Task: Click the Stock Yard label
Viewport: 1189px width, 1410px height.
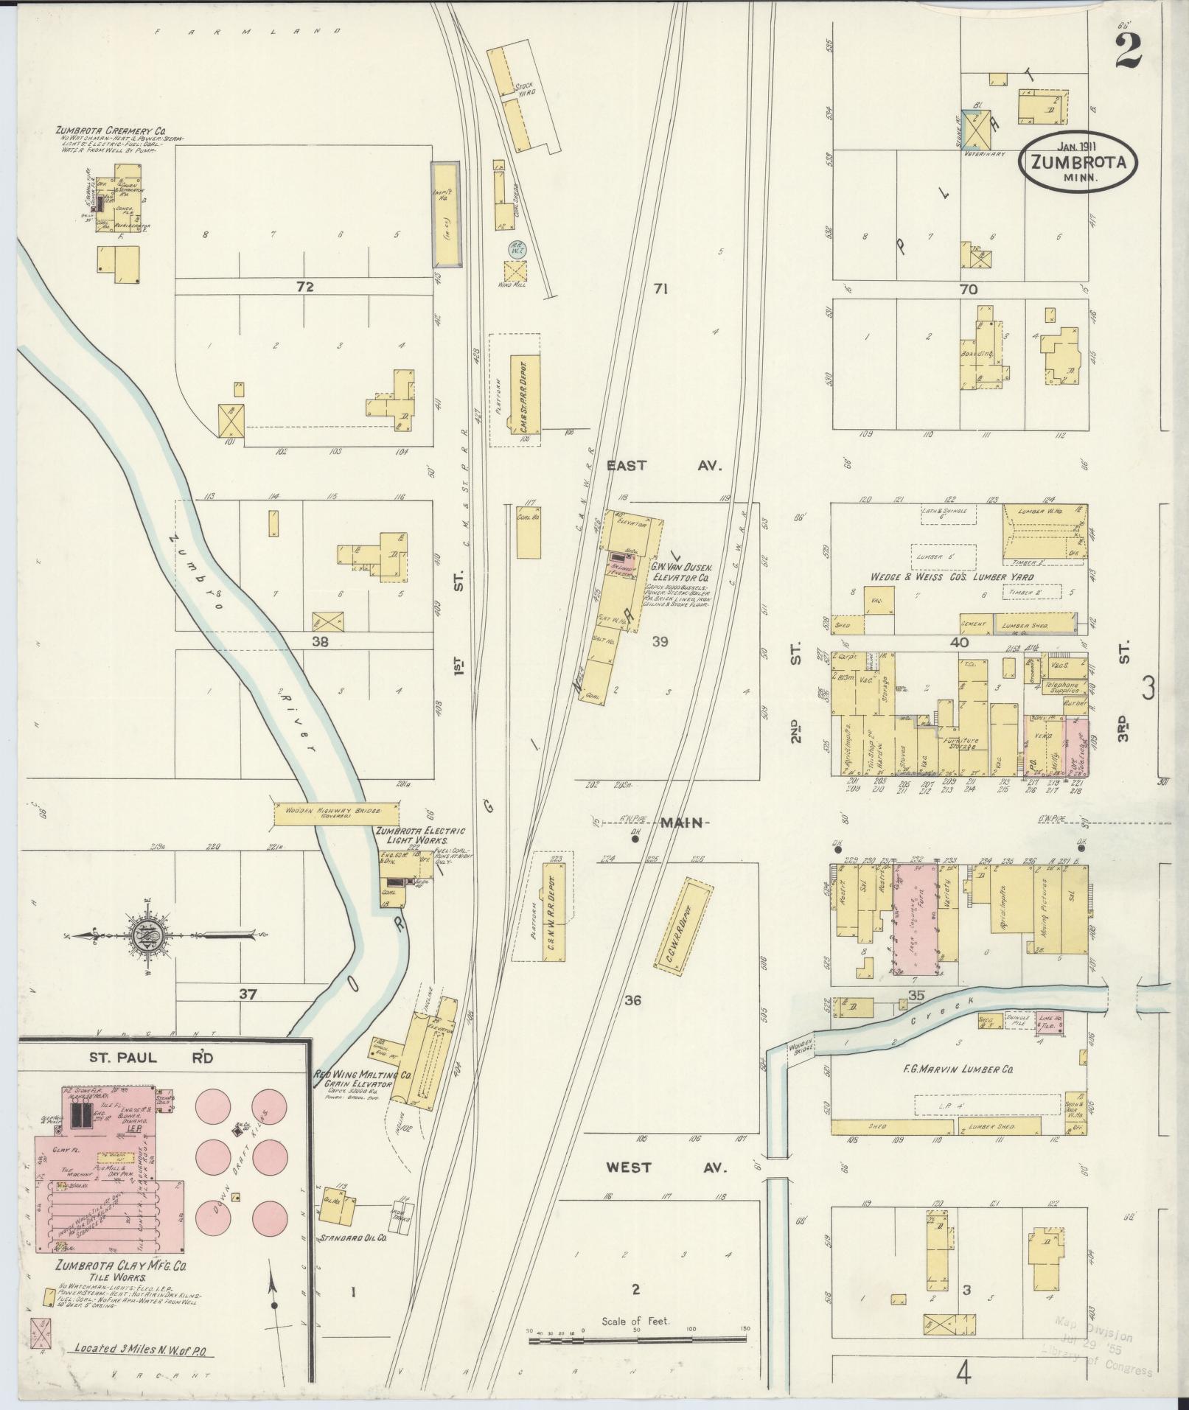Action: click(x=523, y=91)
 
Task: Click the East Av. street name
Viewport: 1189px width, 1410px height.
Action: click(x=663, y=466)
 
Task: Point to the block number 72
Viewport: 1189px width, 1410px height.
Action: click(x=304, y=287)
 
